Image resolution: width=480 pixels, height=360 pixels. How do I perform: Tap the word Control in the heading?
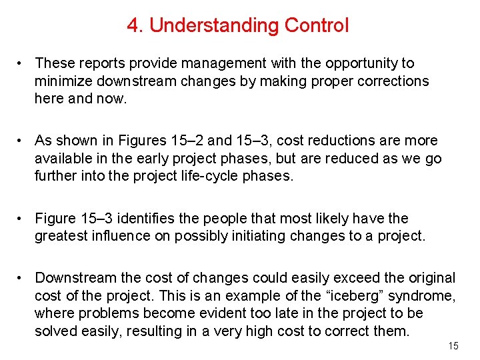[316, 26]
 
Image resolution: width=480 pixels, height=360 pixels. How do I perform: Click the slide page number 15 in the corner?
[453, 346]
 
